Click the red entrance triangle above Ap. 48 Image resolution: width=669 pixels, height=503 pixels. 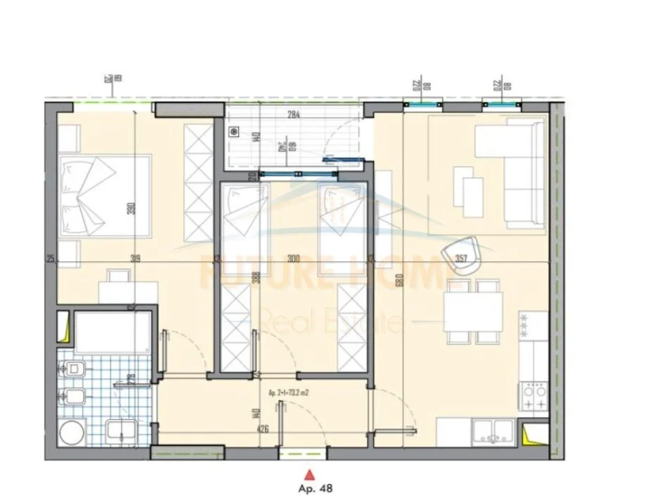(x=307, y=474)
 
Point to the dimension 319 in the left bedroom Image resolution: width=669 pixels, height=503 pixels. (x=135, y=259)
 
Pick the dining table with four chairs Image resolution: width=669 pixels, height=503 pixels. (x=474, y=311)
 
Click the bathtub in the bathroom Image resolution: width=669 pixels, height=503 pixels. (x=113, y=333)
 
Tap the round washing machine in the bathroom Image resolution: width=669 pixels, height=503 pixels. (x=72, y=432)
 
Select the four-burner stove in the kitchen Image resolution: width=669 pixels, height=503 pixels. (x=534, y=397)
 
